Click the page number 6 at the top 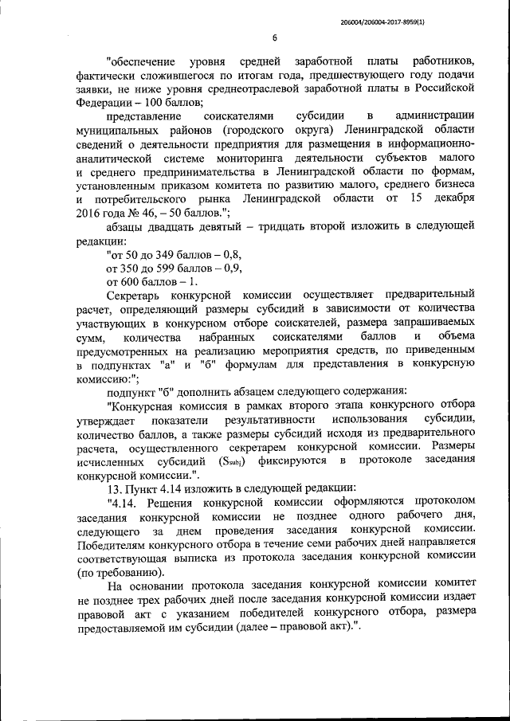click(x=274, y=37)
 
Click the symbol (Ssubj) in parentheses click(x=231, y=460)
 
